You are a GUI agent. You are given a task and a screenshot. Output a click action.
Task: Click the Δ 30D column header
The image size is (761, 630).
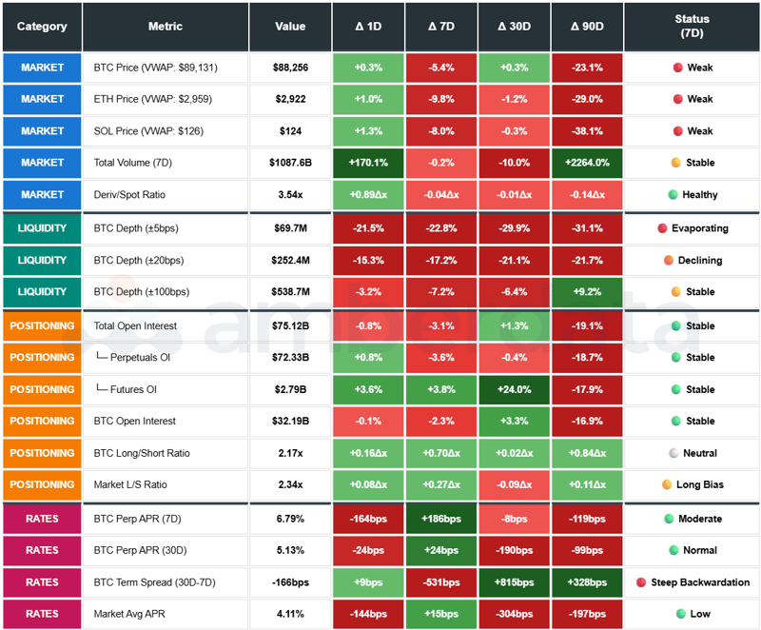pyautogui.click(x=515, y=27)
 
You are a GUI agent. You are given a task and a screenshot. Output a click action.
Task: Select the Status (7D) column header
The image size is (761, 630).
pyautogui.click(x=692, y=26)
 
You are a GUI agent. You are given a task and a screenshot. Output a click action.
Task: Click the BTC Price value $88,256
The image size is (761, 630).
pyautogui.click(x=290, y=68)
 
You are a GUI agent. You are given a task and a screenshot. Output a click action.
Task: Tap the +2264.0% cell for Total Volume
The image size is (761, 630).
pyautogui.click(x=587, y=163)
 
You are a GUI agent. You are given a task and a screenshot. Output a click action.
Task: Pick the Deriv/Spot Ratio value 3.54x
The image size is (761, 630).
pyautogui.click(x=290, y=194)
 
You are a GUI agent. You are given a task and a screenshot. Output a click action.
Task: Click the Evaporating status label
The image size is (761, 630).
pyautogui.click(x=699, y=228)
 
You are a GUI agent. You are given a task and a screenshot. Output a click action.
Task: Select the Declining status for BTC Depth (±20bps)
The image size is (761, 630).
pyautogui.click(x=699, y=260)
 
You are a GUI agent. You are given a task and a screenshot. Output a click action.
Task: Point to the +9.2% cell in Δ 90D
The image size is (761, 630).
pyautogui.click(x=587, y=292)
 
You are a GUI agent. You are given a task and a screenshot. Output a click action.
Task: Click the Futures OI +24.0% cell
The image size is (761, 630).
pyautogui.click(x=515, y=389)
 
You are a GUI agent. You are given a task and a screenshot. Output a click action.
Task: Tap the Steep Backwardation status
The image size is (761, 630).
pyautogui.click(x=699, y=582)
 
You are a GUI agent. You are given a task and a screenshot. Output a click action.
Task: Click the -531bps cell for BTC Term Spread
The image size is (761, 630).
pyautogui.click(x=441, y=582)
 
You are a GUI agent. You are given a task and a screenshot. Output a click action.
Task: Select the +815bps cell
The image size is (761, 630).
pyautogui.click(x=515, y=582)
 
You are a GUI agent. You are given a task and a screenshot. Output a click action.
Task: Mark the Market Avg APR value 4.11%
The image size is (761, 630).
pyautogui.click(x=290, y=614)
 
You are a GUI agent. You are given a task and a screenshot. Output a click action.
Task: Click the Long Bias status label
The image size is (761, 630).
pyautogui.click(x=699, y=484)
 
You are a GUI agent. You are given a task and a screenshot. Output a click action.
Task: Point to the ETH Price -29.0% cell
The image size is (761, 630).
pyautogui.click(x=587, y=99)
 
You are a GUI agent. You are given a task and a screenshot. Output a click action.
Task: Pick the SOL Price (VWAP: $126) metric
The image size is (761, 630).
pyautogui.click(x=148, y=130)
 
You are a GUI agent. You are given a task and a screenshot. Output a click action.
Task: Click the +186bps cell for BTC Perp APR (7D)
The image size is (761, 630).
pyautogui.click(x=441, y=519)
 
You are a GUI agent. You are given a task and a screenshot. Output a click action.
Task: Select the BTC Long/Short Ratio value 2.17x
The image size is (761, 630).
pyautogui.click(x=290, y=453)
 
